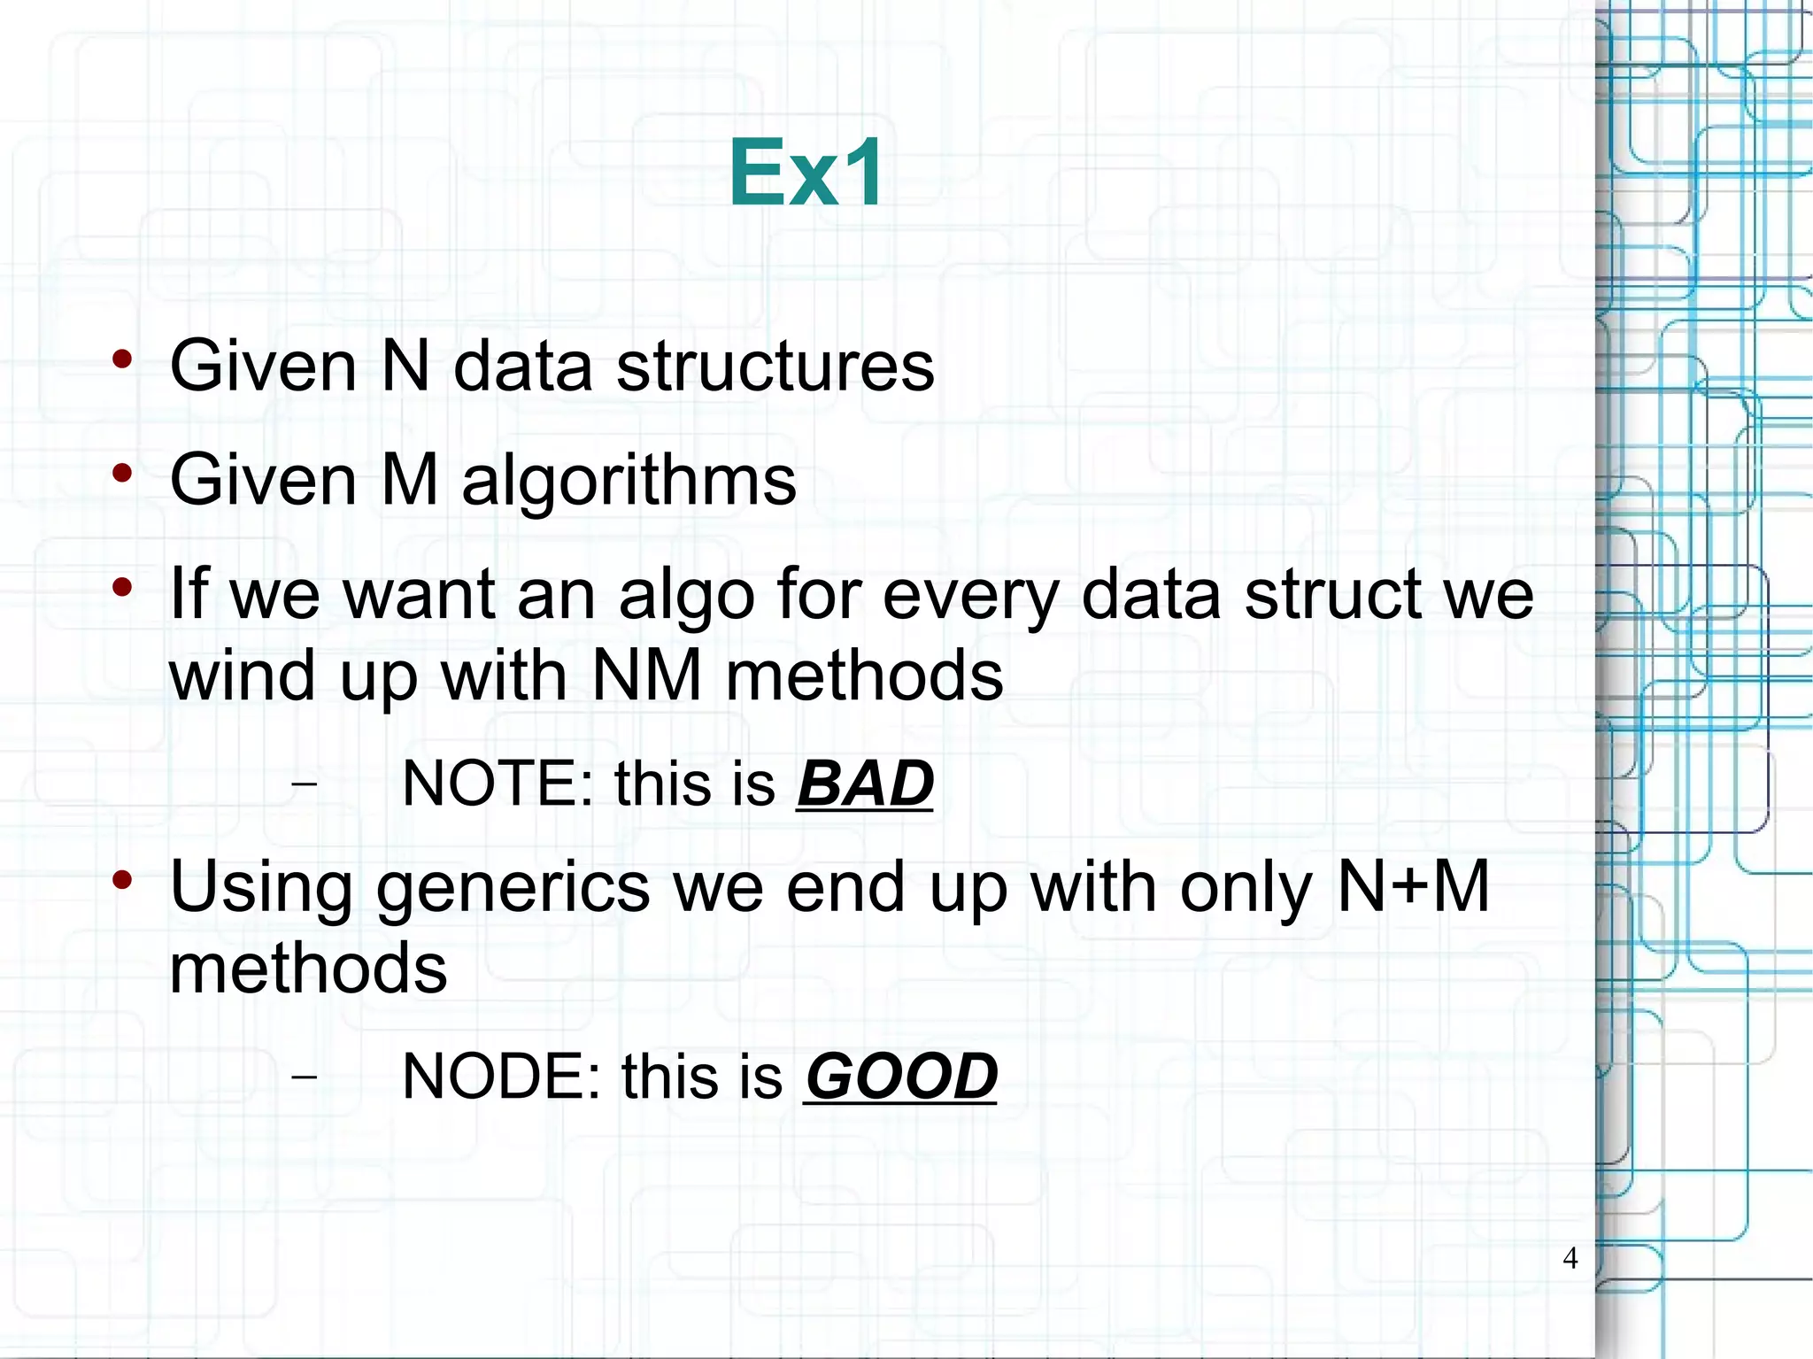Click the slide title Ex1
[806, 174]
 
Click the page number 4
[1570, 1258]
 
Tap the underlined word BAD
[865, 784]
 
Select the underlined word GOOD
[900, 1077]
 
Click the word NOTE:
[498, 784]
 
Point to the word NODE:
[501, 1077]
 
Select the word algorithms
[629, 481]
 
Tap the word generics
[513, 888]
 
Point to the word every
[970, 596]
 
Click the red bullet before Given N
[122, 359]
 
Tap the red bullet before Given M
[122, 474]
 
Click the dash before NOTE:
[305, 784]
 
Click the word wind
[242, 676]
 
